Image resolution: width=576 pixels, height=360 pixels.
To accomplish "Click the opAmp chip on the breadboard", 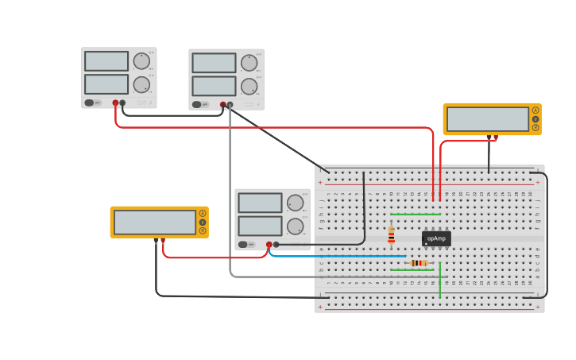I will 436,238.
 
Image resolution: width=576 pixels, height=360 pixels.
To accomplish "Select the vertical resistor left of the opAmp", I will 391,234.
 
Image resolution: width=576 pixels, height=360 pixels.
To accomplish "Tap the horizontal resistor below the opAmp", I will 419,263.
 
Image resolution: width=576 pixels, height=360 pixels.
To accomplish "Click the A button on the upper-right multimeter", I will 535,110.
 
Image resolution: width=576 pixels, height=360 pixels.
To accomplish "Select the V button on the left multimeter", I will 203,222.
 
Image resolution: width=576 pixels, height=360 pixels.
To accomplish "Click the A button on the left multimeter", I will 203,213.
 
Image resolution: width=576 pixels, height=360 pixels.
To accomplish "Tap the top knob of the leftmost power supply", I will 141,61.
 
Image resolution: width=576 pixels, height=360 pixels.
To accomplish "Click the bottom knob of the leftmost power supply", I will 141,84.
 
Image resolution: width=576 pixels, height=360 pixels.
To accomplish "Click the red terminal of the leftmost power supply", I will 115,103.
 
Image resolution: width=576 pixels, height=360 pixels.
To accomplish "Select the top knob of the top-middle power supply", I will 249,63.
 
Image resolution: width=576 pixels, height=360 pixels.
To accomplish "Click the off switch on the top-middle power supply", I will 197,104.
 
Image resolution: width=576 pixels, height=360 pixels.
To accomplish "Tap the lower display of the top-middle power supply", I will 214,86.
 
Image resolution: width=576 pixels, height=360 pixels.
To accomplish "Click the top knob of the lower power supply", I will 295,203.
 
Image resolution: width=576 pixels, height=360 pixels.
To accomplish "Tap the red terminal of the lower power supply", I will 269,245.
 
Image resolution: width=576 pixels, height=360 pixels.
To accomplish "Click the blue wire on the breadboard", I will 342,256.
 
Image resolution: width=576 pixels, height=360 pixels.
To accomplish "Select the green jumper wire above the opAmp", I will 416,215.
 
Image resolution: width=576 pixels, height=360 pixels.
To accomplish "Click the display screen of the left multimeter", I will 155,222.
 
